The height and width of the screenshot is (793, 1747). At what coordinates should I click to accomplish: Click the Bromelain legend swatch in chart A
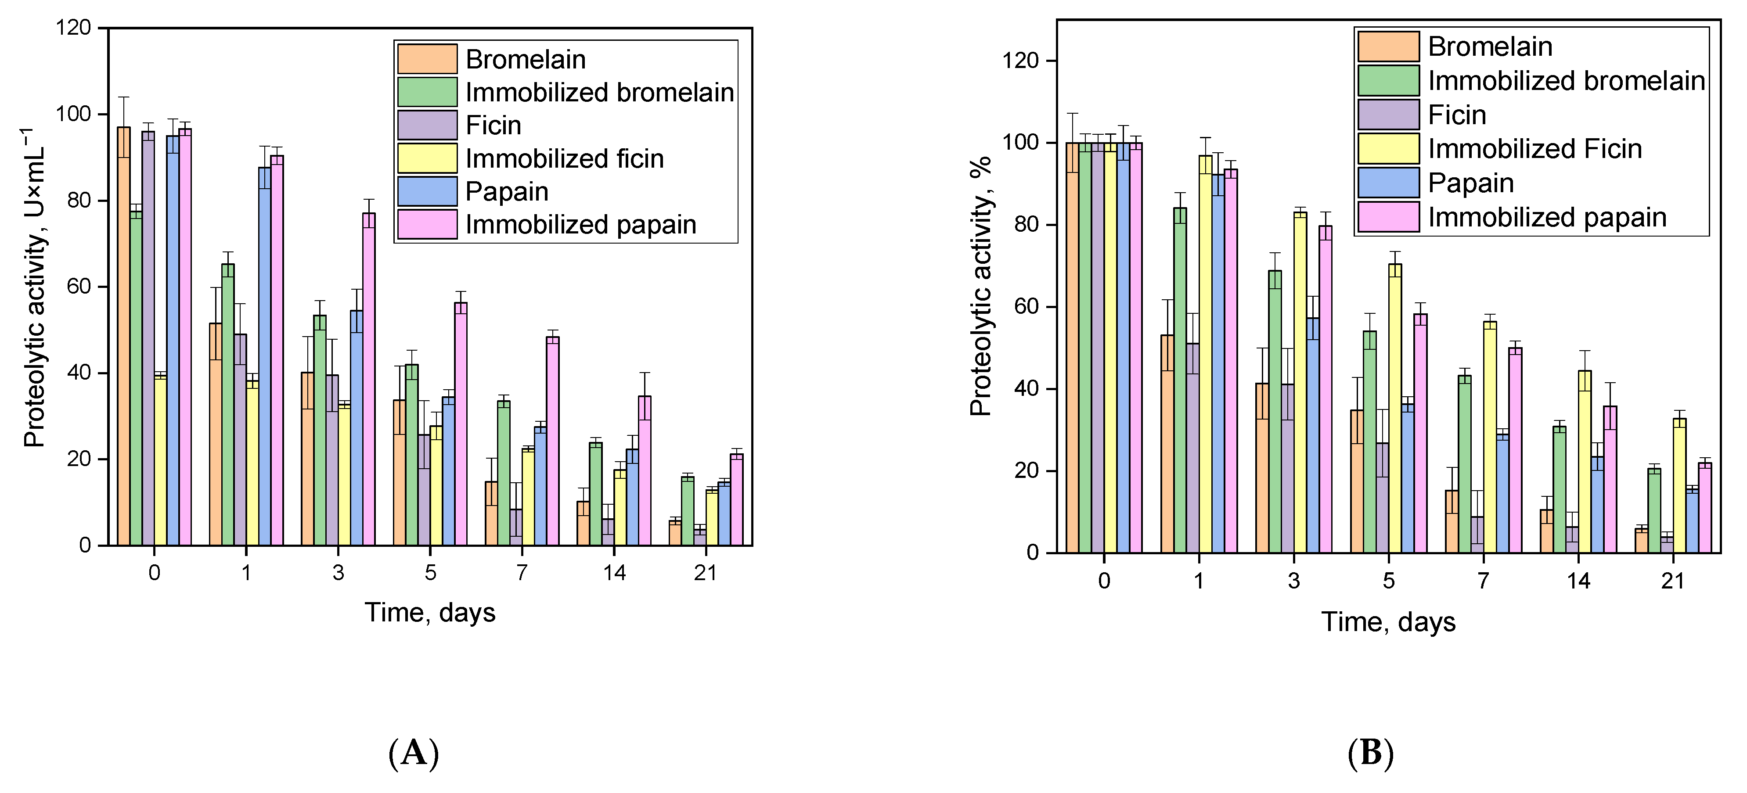click(x=427, y=59)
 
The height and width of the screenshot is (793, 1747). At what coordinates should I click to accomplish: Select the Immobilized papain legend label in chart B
click(x=1547, y=218)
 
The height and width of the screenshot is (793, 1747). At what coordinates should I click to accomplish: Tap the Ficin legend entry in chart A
click(x=493, y=126)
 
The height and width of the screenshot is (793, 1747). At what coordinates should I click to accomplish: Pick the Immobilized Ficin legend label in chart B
click(x=1535, y=149)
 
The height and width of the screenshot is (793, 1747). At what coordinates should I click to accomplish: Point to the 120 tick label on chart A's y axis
click(x=75, y=28)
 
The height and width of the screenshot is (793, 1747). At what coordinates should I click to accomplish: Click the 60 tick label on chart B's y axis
click(x=1026, y=307)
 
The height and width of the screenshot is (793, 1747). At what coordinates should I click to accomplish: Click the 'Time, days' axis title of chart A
click(x=430, y=613)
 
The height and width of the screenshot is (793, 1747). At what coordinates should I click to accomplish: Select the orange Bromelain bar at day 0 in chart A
click(x=123, y=339)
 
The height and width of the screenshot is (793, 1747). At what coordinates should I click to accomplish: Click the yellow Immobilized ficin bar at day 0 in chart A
click(x=160, y=461)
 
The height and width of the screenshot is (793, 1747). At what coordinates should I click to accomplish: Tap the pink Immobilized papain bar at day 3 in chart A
click(x=369, y=380)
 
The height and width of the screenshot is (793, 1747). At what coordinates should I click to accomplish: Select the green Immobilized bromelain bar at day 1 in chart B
click(x=1180, y=380)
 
